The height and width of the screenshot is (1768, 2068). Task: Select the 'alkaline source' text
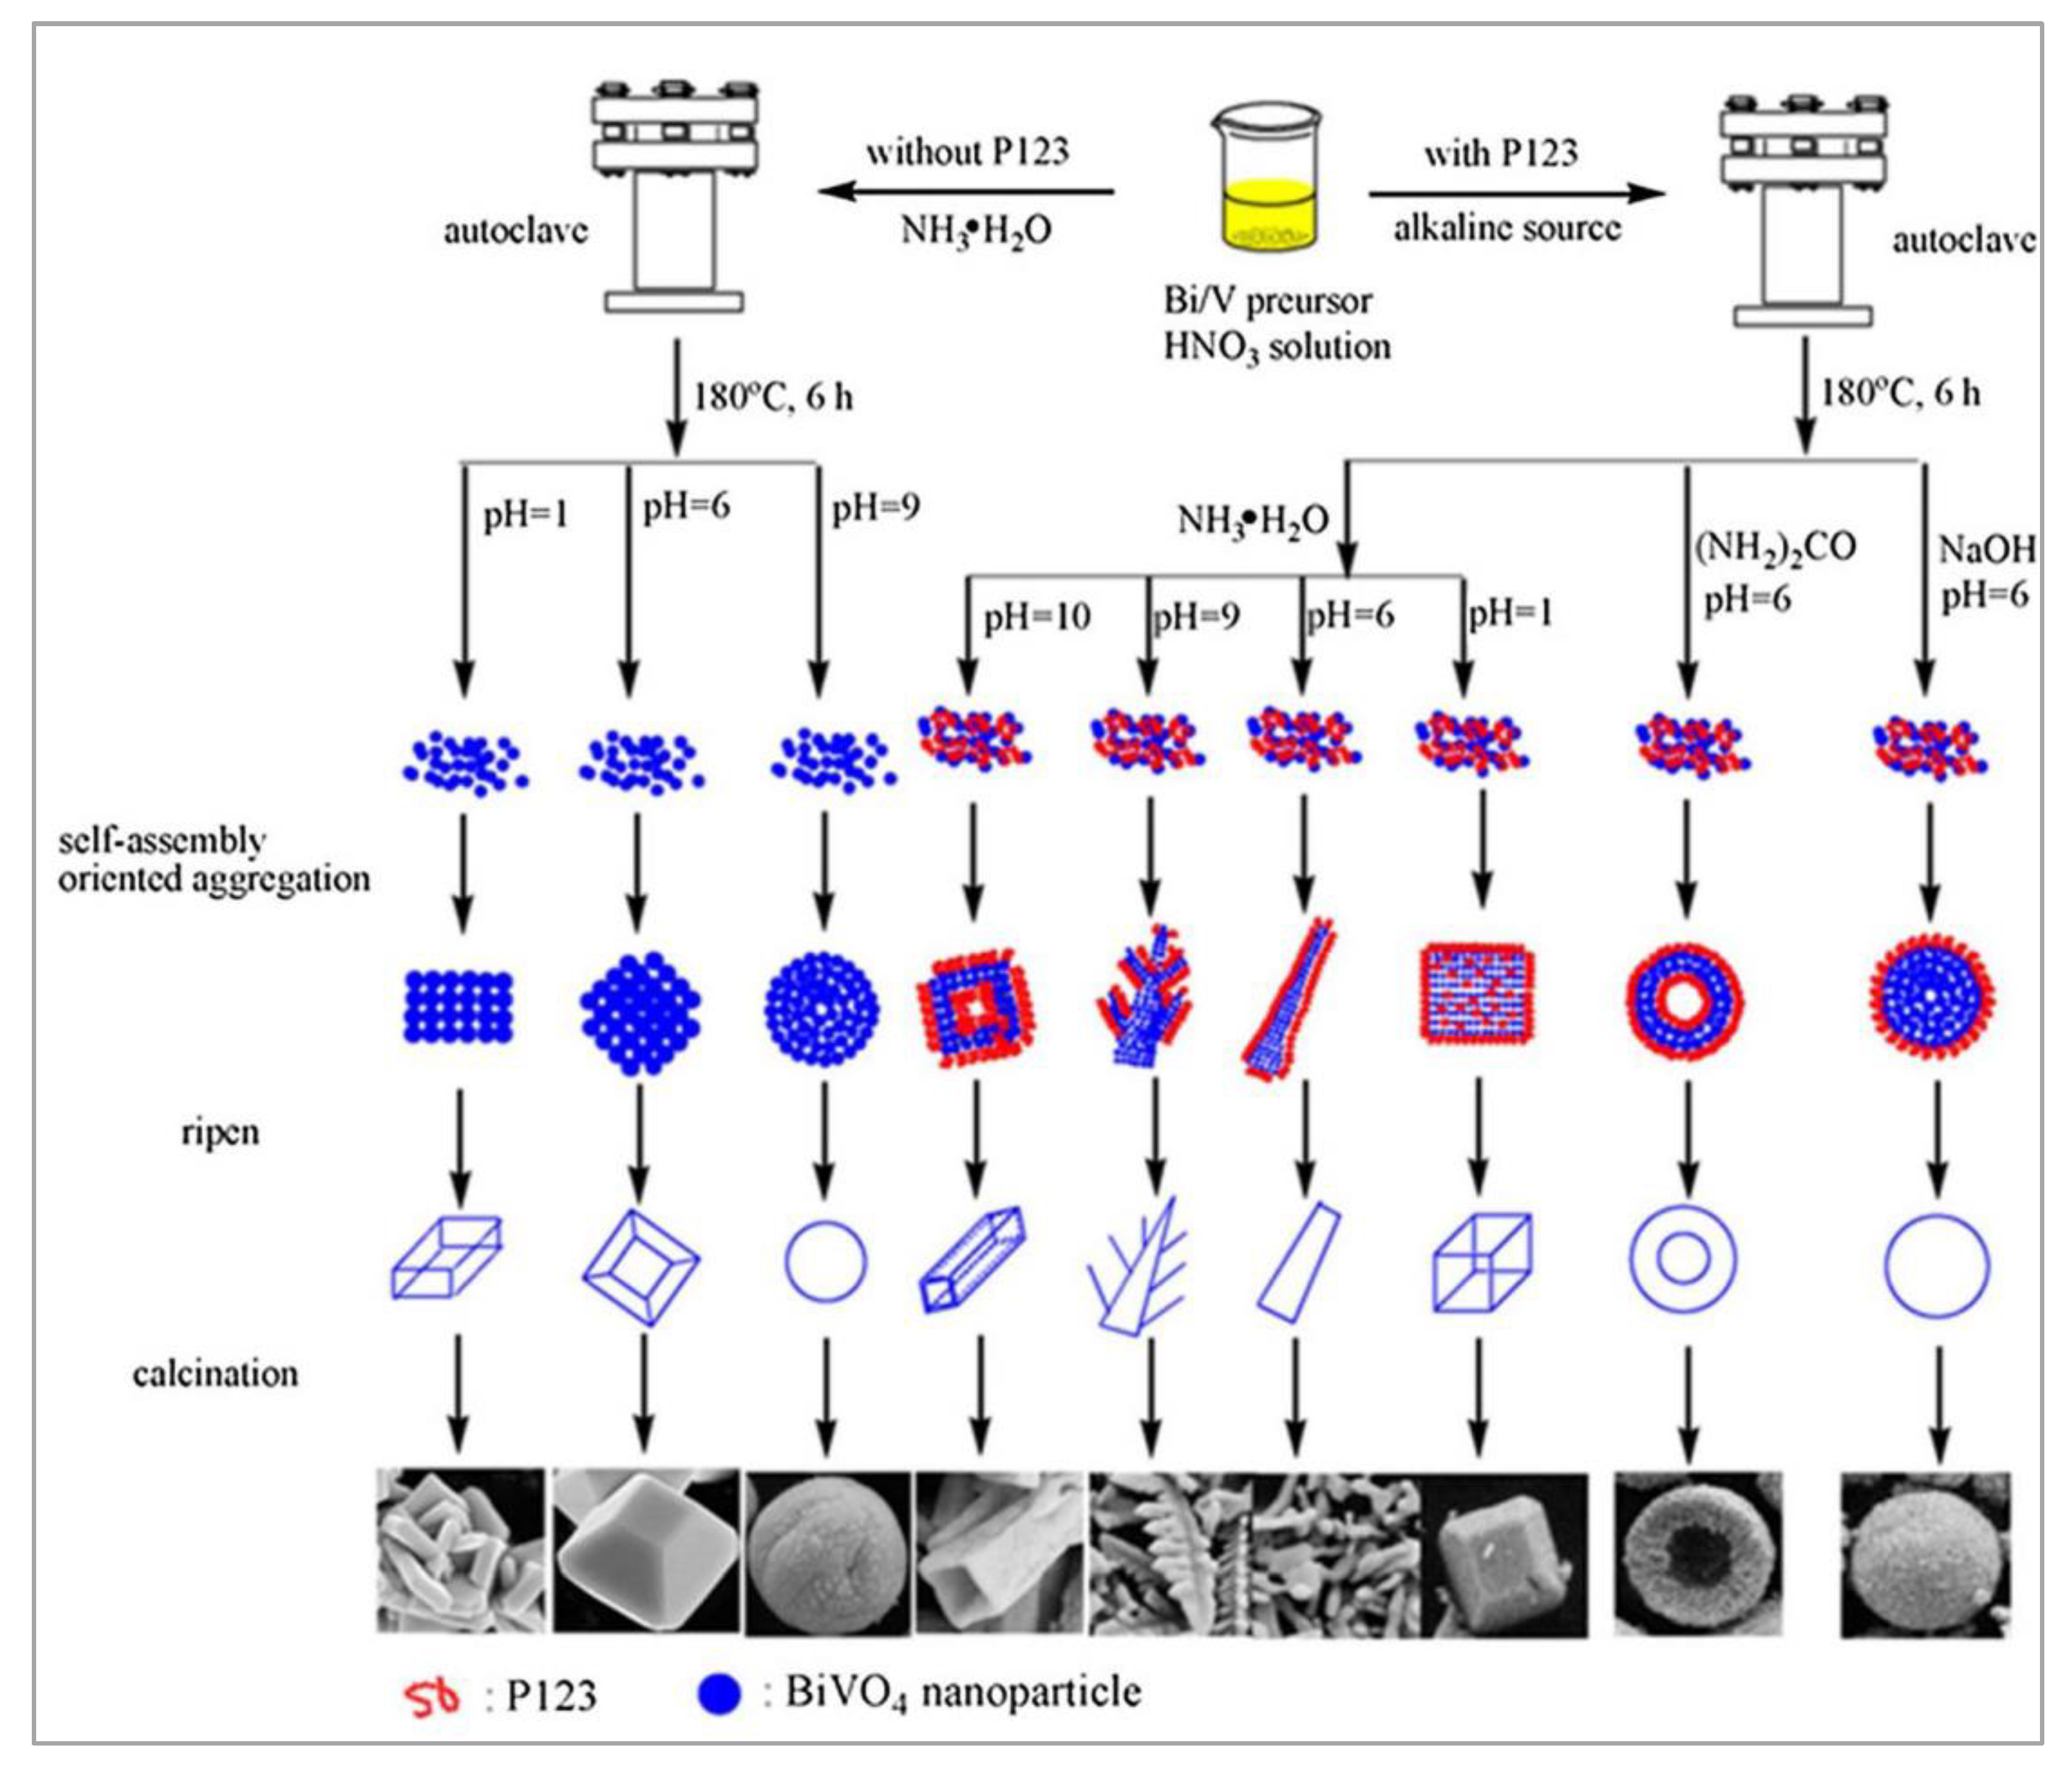(x=1507, y=229)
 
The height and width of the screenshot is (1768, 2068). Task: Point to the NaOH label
(x=1986, y=549)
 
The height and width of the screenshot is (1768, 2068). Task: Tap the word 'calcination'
(x=216, y=1374)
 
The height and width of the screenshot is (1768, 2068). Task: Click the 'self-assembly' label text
(x=161, y=841)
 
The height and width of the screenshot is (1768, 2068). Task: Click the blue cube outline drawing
(x=1481, y=1262)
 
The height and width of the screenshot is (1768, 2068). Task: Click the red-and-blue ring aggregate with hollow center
(x=1684, y=1001)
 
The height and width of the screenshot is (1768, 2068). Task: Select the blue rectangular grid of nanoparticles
(x=458, y=1008)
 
